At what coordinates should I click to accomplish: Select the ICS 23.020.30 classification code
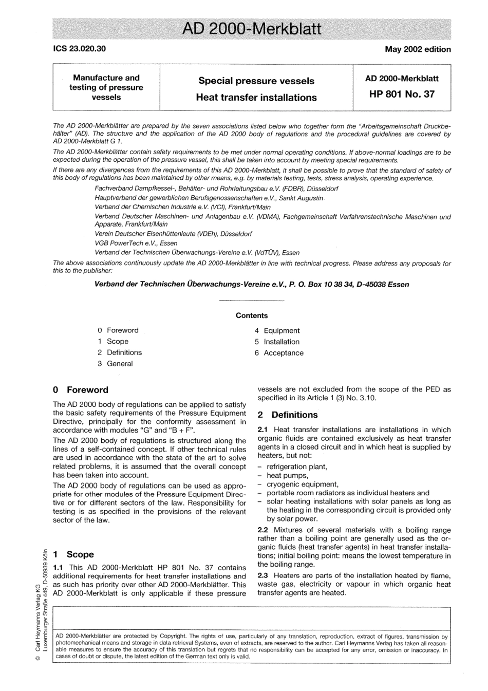pyautogui.click(x=80, y=49)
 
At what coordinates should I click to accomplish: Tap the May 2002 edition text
pyautogui.click(x=418, y=49)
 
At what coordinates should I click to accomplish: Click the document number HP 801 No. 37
pyautogui.click(x=402, y=94)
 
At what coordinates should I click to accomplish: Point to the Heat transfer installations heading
pyautogui.click(x=256, y=98)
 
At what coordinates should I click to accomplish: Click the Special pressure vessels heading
pyautogui.click(x=256, y=81)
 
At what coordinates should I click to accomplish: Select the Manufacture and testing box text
pyautogui.click(x=106, y=87)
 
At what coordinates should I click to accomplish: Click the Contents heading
pyautogui.click(x=252, y=315)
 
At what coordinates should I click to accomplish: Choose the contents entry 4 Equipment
pyautogui.click(x=277, y=331)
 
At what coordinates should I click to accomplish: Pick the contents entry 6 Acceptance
pyautogui.click(x=279, y=353)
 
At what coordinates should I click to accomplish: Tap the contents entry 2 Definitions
pyautogui.click(x=120, y=352)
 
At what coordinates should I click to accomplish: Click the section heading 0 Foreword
pyautogui.click(x=81, y=390)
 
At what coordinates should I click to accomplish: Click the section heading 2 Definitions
pyautogui.click(x=288, y=415)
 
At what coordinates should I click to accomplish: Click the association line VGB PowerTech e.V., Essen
pyautogui.click(x=136, y=243)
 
